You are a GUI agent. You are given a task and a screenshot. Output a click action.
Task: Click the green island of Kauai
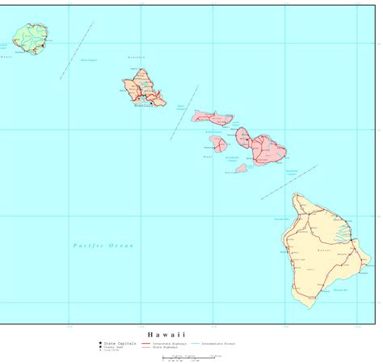pos(30,37)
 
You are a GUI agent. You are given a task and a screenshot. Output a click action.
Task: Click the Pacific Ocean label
pos(103,245)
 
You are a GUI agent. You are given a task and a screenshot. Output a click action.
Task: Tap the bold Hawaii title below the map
pos(166,333)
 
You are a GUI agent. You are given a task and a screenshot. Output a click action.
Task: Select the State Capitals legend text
pos(119,343)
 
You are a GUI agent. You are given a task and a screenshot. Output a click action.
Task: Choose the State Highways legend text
pos(166,347)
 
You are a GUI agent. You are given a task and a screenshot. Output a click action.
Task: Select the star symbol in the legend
pos(99,343)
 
